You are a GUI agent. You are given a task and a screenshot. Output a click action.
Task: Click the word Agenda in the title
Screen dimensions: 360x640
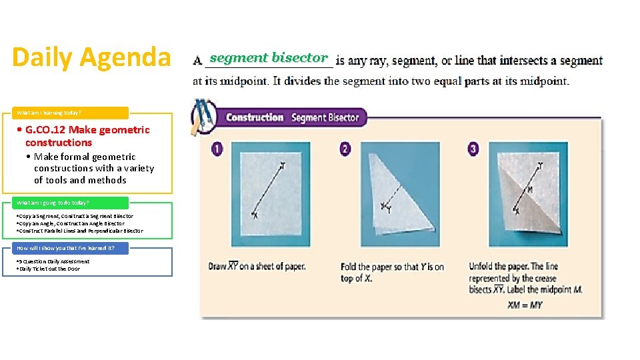(x=127, y=57)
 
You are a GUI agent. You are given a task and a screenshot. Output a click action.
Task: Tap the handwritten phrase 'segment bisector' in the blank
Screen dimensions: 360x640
(x=269, y=58)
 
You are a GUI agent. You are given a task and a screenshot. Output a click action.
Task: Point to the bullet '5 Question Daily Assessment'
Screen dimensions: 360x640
(x=53, y=261)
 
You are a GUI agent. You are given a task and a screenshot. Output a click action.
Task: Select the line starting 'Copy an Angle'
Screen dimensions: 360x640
(x=71, y=223)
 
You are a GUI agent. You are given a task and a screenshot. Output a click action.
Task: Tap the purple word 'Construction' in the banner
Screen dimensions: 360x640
(x=255, y=118)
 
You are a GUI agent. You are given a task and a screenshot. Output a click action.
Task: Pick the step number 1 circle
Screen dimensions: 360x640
(x=217, y=149)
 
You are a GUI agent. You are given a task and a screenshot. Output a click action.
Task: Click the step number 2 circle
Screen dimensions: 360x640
(x=345, y=149)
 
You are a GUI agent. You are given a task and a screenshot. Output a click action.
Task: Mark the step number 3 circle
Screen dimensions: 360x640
(x=473, y=149)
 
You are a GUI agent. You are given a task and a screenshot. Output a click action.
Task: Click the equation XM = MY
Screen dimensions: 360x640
(x=525, y=305)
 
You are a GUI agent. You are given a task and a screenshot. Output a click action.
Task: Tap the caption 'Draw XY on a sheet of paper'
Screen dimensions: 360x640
(x=257, y=267)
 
